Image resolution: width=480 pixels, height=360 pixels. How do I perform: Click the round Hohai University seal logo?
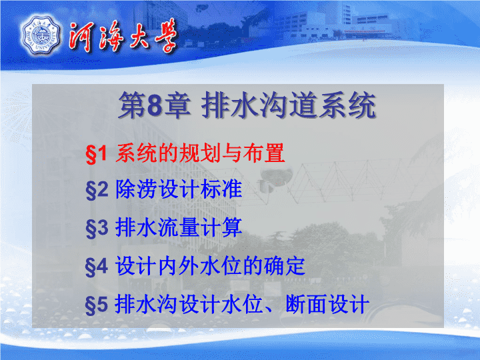tap(41, 36)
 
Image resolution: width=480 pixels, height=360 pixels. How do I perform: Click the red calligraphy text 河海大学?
tap(123, 35)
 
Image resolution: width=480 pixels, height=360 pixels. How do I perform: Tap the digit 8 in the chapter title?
tap(154, 105)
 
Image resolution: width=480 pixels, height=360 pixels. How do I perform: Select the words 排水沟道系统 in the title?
tap(289, 105)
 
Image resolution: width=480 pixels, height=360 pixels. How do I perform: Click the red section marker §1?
tap(96, 153)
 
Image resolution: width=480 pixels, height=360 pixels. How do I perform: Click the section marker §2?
tap(97, 190)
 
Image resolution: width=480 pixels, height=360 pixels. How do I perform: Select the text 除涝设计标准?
tap(179, 189)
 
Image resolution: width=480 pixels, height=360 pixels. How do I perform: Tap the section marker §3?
tap(97, 229)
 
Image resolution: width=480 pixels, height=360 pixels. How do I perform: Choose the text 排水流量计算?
tap(179, 227)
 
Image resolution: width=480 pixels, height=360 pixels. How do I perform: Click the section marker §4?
tap(97, 267)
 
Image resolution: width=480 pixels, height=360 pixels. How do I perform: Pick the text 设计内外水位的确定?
tap(210, 266)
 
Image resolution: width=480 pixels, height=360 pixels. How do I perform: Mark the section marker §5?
tap(97, 305)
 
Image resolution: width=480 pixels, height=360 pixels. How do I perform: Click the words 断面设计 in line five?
tap(327, 304)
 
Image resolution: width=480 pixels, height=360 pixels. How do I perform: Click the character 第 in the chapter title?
tap(132, 105)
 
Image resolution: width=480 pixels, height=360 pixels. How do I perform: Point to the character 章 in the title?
tap(177, 105)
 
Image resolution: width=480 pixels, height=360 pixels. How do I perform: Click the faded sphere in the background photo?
tap(273, 175)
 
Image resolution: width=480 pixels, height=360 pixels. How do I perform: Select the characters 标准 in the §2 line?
tap(221, 189)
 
